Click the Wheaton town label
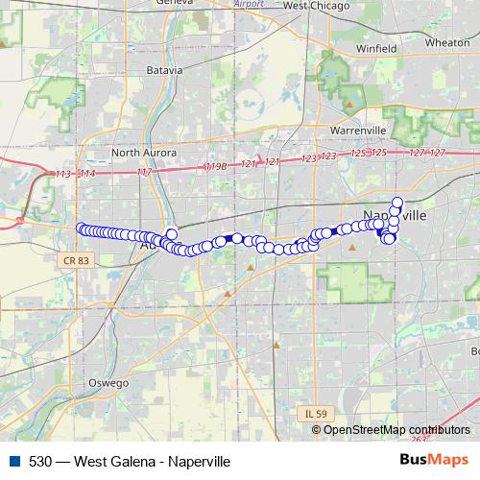click(446, 42)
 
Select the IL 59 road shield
click(311, 414)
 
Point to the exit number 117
click(145, 172)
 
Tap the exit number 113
click(64, 173)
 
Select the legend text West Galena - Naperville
click(150, 462)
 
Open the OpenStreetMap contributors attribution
click(396, 430)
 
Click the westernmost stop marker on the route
click(81, 228)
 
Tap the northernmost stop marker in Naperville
click(397, 203)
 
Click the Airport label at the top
click(249, 4)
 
